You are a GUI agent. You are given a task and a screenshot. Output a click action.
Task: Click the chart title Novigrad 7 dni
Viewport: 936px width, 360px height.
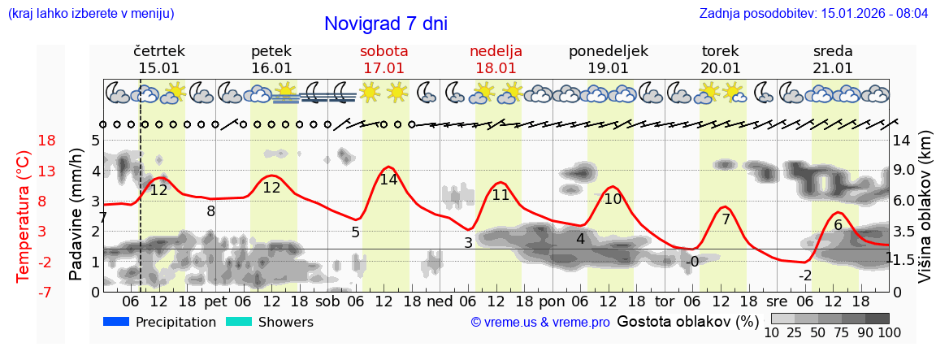pyautogui.click(x=386, y=24)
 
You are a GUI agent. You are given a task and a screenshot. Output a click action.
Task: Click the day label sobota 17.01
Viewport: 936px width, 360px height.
pyautogui.click(x=384, y=59)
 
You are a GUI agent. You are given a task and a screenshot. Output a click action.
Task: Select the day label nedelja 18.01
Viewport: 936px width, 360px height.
pyautogui.click(x=496, y=59)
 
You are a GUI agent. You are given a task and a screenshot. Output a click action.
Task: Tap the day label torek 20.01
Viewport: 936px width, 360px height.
pyautogui.click(x=721, y=59)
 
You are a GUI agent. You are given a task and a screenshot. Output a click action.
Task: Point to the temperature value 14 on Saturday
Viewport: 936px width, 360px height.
pyautogui.click(x=388, y=180)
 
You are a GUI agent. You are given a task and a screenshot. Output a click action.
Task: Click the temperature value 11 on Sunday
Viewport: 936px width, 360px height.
pyautogui.click(x=500, y=195)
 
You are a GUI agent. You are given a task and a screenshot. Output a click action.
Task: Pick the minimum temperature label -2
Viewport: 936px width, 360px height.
pyautogui.click(x=805, y=275)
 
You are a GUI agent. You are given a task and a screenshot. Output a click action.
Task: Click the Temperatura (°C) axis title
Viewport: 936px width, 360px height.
pyautogui.click(x=24, y=216)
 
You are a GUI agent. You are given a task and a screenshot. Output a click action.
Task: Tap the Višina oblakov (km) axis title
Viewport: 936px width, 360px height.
pyautogui.click(x=925, y=216)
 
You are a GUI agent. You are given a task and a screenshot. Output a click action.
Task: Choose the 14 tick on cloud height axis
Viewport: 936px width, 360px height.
pyautogui.click(x=902, y=141)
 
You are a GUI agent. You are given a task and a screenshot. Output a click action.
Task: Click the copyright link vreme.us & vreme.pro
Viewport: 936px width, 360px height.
pyautogui.click(x=540, y=323)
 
